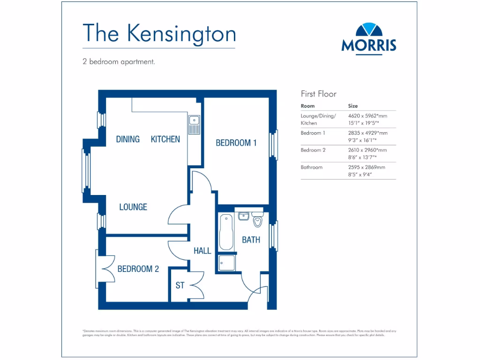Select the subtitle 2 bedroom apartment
(x=119, y=61)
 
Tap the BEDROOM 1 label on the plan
(x=236, y=143)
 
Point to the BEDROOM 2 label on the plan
(x=138, y=269)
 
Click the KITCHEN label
(x=165, y=139)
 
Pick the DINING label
(x=127, y=139)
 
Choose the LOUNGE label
(x=133, y=207)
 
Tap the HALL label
(x=202, y=251)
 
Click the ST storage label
(x=180, y=285)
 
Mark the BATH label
(x=251, y=240)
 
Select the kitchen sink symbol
(x=194, y=124)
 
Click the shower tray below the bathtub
(x=226, y=263)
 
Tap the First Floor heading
(x=318, y=94)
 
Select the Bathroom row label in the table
(x=311, y=167)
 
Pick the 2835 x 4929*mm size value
(x=367, y=133)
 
